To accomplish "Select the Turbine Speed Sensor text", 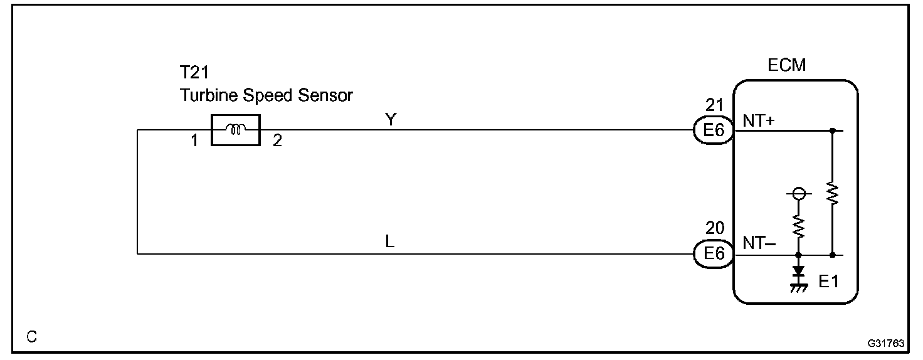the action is [x=266, y=96].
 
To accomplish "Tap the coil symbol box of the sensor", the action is [x=236, y=130].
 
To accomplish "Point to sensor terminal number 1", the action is [x=194, y=142].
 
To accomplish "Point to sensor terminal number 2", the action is [x=277, y=142].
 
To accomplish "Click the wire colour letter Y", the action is [x=391, y=120].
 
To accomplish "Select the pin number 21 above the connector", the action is [x=715, y=106].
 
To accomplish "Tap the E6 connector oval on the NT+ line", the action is [x=714, y=130].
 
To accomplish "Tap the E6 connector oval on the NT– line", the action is [x=714, y=253].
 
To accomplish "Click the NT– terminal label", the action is [x=759, y=243].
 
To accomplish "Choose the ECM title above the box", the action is [x=786, y=65].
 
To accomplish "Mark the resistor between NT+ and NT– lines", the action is [x=832, y=193].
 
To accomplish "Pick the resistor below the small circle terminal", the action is [x=798, y=224].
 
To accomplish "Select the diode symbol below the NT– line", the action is [x=798, y=271].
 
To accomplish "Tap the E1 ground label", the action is [x=828, y=282].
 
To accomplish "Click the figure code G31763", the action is [x=885, y=344].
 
